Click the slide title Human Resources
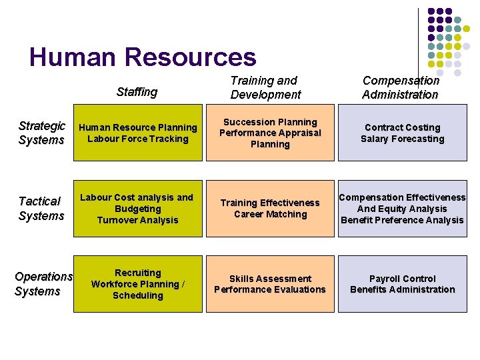click(x=143, y=57)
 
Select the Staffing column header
click(x=137, y=92)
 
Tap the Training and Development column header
click(x=265, y=87)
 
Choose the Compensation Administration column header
click(x=401, y=87)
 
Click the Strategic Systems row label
click(x=41, y=133)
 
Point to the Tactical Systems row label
click(x=41, y=208)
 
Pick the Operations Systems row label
click(x=43, y=283)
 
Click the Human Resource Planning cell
click(x=137, y=133)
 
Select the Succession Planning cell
click(x=270, y=133)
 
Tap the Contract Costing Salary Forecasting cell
click(x=402, y=133)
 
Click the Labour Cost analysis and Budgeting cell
click(x=137, y=209)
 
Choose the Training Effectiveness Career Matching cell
click(x=270, y=209)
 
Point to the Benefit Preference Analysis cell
click(x=402, y=209)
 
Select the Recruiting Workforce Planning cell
click(x=137, y=284)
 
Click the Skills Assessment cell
click(x=270, y=284)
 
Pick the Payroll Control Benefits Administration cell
click(x=402, y=284)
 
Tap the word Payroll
click(x=385, y=279)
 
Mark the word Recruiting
click(x=137, y=273)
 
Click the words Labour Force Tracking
click(x=138, y=139)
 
